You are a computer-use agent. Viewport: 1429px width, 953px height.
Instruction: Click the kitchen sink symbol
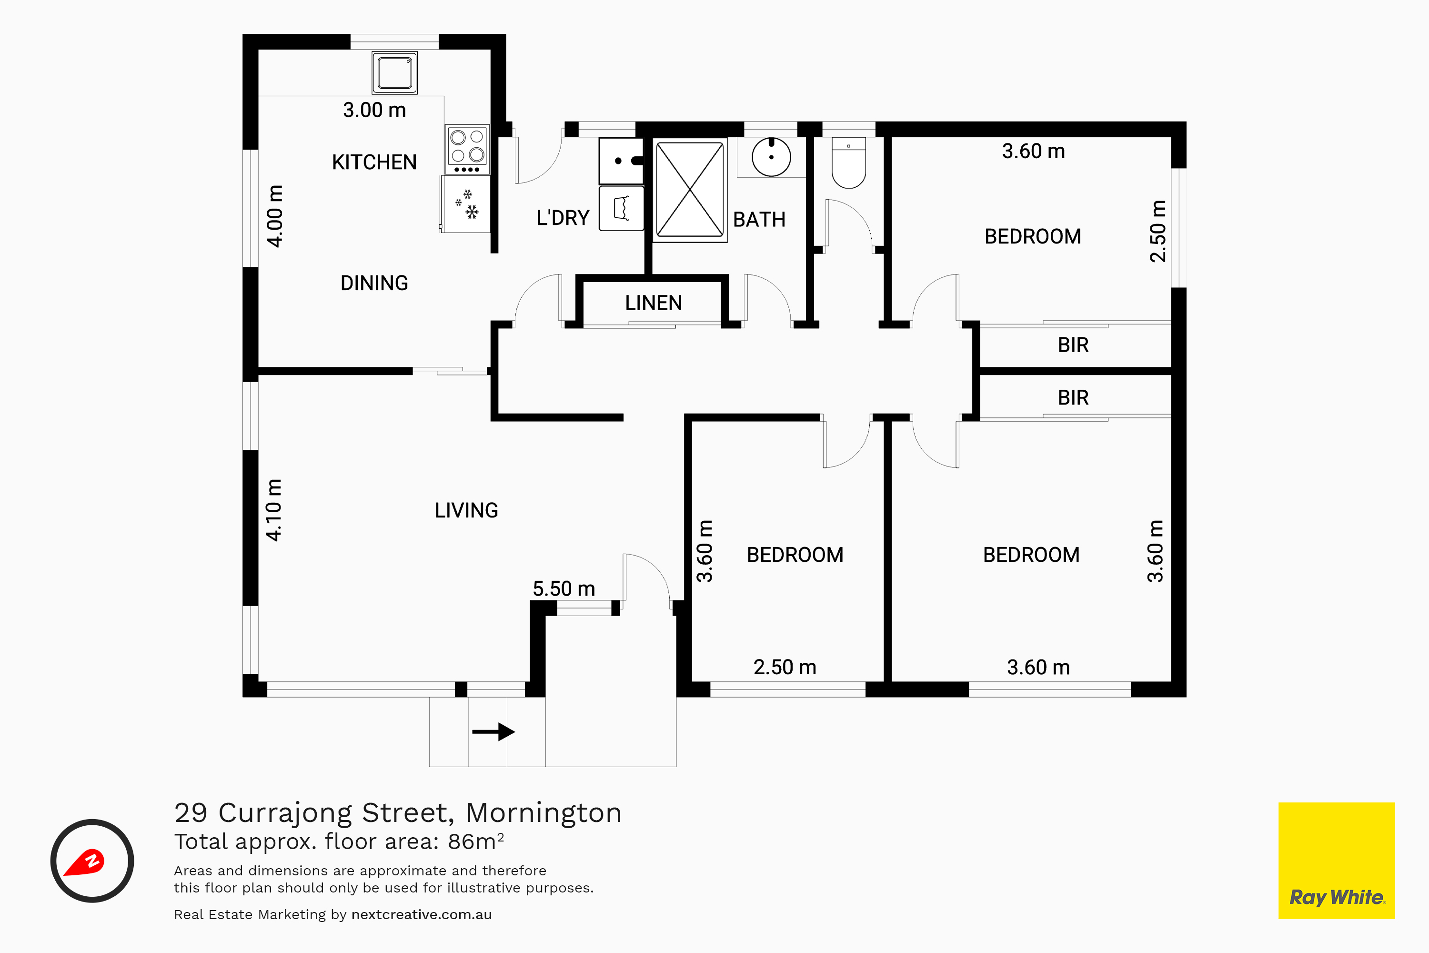pos(395,72)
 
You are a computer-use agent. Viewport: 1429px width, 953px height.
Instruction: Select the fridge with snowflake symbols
pos(465,204)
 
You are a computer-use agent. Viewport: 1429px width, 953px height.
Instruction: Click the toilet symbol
pos(848,162)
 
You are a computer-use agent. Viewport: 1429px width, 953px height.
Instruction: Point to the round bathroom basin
pos(771,157)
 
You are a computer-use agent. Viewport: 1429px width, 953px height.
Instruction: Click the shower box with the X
pos(690,190)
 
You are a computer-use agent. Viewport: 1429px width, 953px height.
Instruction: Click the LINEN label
pos(653,303)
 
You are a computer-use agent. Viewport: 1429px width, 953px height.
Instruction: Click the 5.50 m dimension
pos(564,588)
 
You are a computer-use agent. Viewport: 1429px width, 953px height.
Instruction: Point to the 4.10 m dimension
pos(274,510)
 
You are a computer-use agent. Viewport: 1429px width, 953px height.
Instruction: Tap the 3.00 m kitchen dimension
pos(374,110)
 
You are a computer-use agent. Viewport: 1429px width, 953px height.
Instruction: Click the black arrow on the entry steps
pos(493,732)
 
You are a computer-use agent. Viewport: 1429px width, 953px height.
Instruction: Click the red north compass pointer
pos(85,862)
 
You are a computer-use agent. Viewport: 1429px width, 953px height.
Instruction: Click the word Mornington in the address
pos(544,812)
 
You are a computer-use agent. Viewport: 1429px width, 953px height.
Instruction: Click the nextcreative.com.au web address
pos(422,915)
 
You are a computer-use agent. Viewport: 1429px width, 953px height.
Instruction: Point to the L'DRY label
pos(563,218)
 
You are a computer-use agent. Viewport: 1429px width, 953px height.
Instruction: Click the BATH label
pos(759,219)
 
